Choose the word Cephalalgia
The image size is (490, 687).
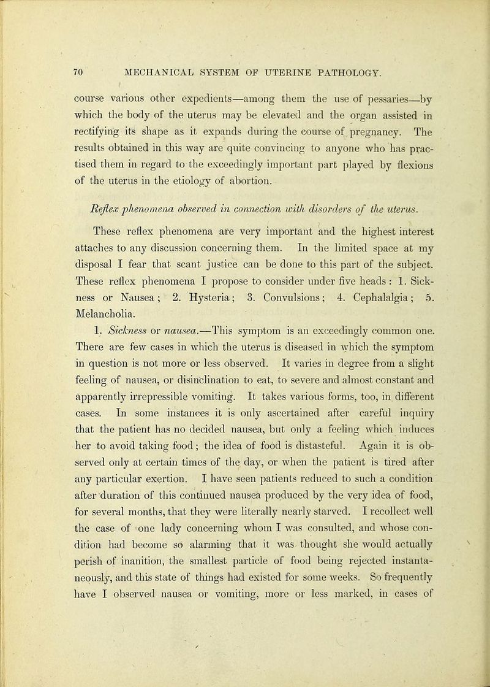[x=347, y=288]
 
